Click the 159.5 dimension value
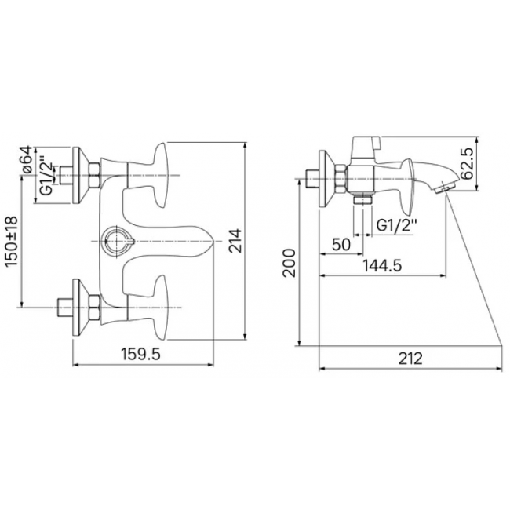click(x=140, y=354)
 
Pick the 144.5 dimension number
click(x=382, y=266)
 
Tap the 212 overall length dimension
click(x=410, y=359)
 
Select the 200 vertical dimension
click(x=289, y=263)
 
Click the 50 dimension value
click(x=341, y=244)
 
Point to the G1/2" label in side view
click(x=397, y=225)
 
